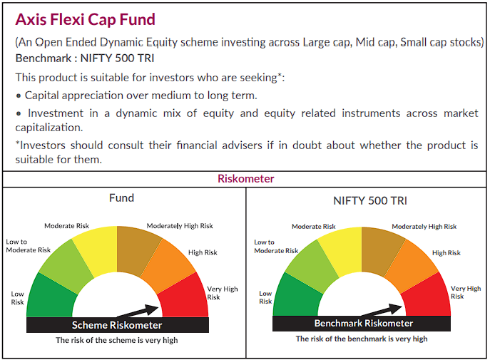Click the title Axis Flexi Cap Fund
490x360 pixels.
85,19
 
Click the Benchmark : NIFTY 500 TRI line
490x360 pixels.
85,58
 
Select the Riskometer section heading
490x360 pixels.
245,178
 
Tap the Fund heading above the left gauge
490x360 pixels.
121,197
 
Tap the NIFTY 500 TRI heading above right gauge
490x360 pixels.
369,200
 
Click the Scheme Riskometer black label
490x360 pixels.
117,325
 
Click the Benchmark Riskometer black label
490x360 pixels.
363,324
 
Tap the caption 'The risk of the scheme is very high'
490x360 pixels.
117,340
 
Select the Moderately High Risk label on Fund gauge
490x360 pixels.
180,226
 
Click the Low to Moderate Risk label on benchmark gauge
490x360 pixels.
275,247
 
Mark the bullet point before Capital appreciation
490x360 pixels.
19,96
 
